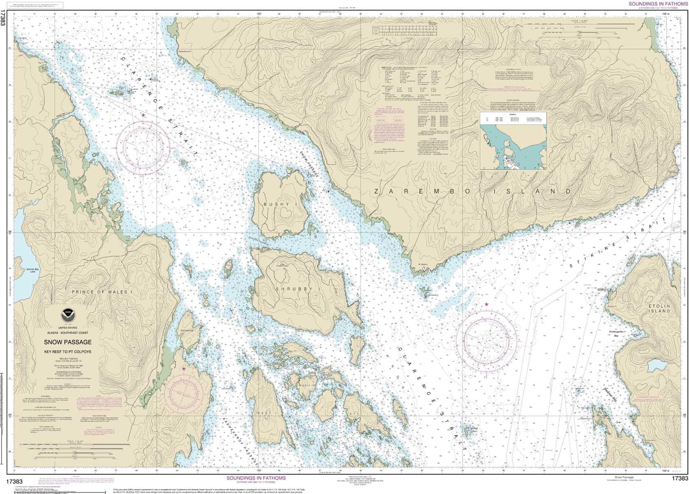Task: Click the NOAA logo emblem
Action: (68, 316)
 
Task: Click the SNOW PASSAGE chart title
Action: (68, 342)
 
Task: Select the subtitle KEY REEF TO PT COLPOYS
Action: (68, 352)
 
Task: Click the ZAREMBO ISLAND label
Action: (473, 191)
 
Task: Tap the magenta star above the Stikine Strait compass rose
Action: (487, 304)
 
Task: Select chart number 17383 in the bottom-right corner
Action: (679, 478)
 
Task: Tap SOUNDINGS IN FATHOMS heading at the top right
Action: (657, 3)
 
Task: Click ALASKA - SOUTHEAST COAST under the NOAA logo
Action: (68, 332)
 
